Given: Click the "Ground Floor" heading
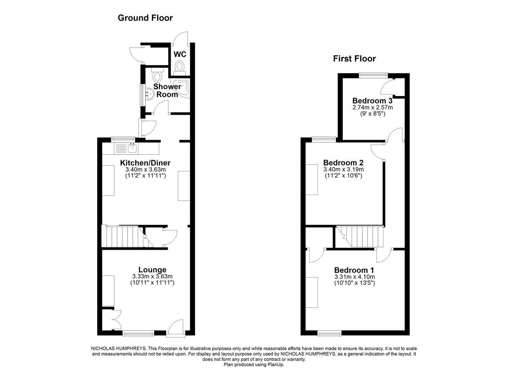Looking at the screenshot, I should coord(145,18).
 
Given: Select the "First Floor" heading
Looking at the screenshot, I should coord(354,59).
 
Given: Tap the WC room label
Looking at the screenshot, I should coord(180,54).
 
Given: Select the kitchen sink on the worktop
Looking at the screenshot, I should coord(132,148).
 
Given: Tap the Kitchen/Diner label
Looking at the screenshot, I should coord(145,163).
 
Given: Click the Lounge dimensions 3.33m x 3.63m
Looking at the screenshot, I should coord(152,276).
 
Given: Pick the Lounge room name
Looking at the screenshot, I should coord(152,270).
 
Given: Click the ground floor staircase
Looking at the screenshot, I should coord(123,236).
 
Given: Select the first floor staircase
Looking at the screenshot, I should coord(361,236).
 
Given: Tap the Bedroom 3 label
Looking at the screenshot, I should coord(372,101).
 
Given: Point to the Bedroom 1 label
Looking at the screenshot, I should coord(354,270).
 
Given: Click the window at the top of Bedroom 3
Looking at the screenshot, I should coord(373,74).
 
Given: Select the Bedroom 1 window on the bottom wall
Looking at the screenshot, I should coord(329,332).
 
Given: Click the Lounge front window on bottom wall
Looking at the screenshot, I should coord(139,332).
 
